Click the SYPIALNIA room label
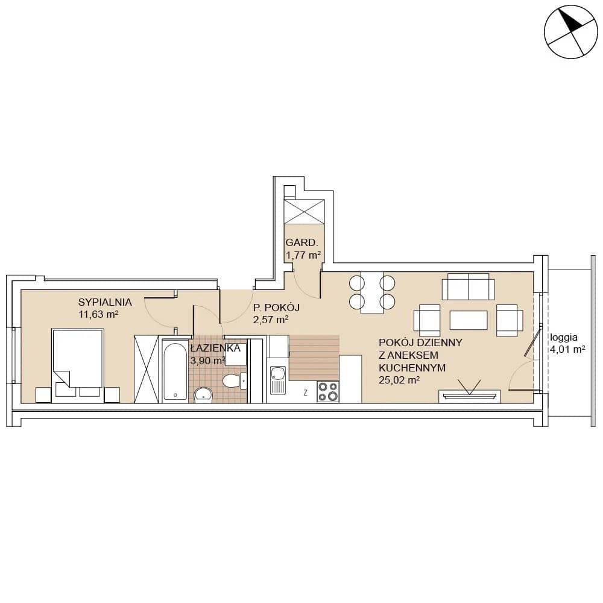105,302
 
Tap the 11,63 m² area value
98,314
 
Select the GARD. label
302,242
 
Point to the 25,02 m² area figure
399,380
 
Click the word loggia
564,338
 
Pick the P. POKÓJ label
276,308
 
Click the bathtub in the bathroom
175,371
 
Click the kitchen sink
277,380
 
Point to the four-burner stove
328,391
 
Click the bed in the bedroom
78,365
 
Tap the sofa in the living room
468,286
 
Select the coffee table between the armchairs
469,320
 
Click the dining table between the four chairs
372,292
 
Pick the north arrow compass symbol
570,32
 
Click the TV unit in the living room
470,397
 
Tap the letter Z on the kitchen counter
305,393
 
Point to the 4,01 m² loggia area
567,350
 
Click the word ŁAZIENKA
215,349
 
